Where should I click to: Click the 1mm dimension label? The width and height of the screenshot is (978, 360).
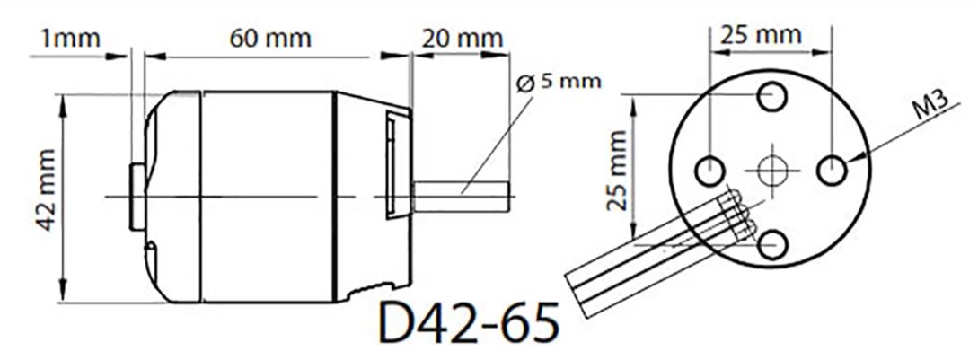[69, 39]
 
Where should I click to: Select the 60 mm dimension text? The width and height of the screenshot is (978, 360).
[269, 39]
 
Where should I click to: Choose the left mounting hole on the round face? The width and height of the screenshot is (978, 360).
[710, 168]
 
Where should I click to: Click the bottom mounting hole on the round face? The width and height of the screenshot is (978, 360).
[771, 241]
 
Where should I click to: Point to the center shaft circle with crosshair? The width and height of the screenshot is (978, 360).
[771, 169]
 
